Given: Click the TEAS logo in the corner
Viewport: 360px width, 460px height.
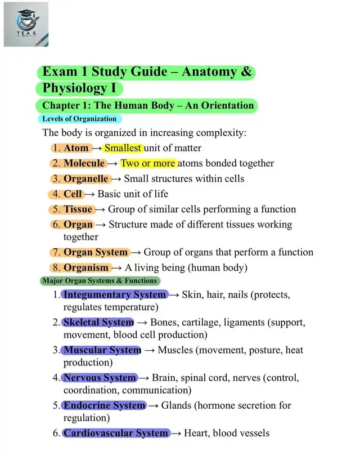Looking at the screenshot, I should [x=26, y=24].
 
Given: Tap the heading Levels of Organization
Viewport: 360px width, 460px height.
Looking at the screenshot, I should [x=79, y=119].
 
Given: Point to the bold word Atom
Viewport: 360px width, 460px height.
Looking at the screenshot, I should [x=76, y=148].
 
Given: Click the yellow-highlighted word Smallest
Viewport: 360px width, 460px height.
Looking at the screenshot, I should [x=124, y=148].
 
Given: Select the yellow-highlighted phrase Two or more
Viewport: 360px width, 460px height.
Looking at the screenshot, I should [x=148, y=163].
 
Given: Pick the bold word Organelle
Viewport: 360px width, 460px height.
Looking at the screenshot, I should [x=85, y=178].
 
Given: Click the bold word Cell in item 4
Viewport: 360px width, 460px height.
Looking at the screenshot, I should [x=73, y=194].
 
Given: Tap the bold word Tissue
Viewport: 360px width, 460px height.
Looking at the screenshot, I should [x=78, y=209].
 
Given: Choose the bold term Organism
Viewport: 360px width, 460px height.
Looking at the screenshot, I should [x=87, y=267].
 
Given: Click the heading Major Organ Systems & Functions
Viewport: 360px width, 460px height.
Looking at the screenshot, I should [x=99, y=280].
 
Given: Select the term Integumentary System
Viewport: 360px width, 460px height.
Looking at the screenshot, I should [x=114, y=294].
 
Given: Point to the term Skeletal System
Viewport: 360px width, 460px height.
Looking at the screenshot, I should [x=98, y=323].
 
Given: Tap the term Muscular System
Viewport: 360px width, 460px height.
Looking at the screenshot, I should [x=102, y=350].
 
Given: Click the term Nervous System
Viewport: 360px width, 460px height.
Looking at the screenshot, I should [x=100, y=378].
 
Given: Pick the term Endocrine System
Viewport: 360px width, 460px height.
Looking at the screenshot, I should [x=104, y=405].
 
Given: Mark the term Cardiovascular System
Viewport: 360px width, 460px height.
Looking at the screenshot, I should [x=115, y=433].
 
